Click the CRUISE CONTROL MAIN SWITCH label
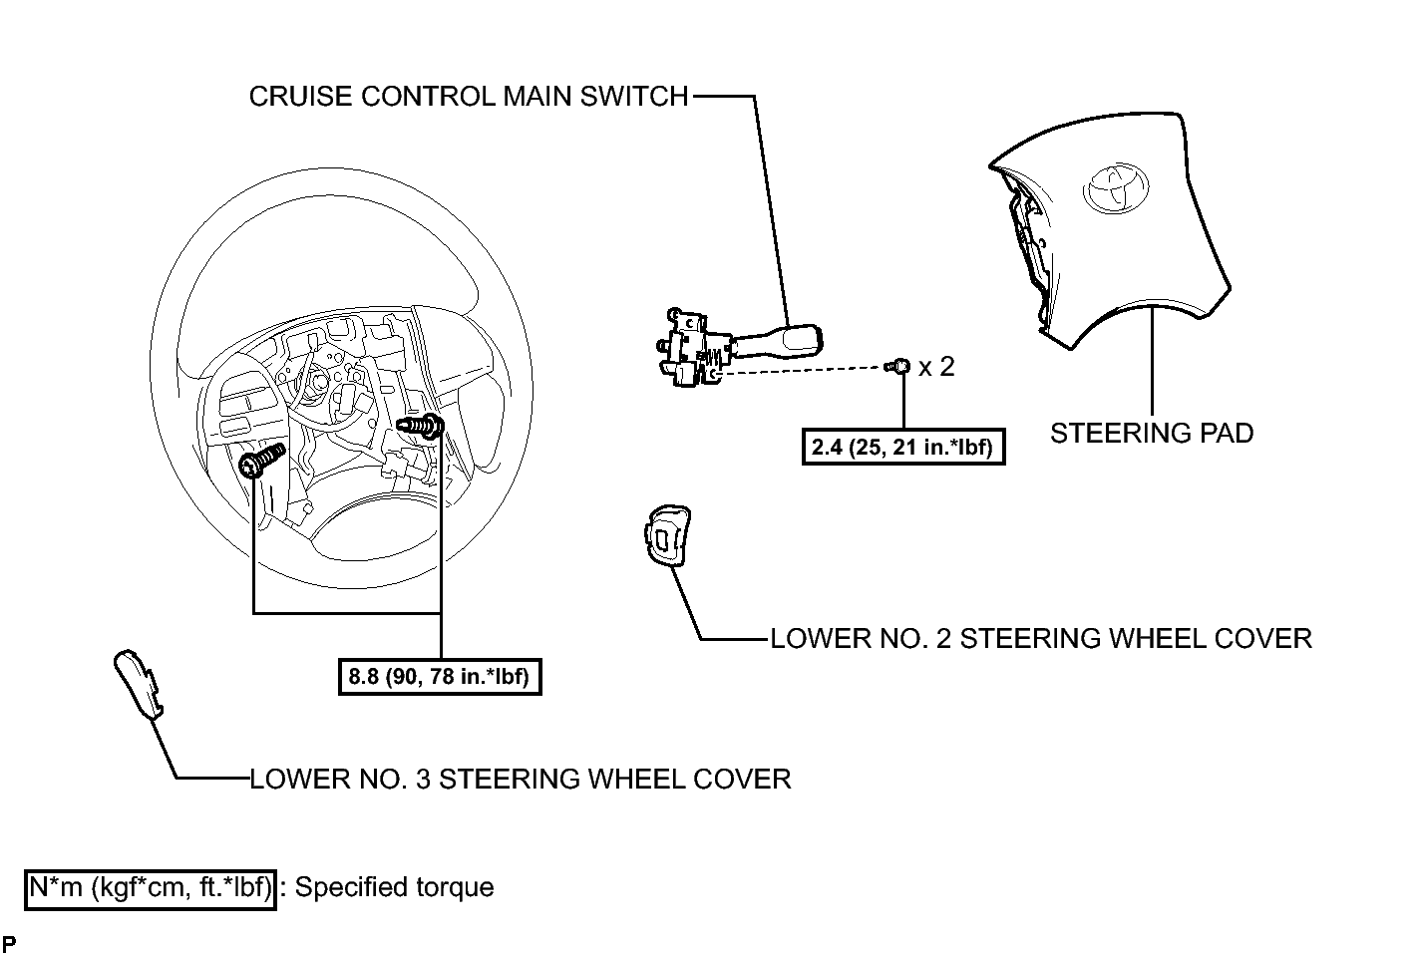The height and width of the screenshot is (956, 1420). (x=469, y=97)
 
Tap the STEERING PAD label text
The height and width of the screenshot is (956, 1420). (x=1152, y=434)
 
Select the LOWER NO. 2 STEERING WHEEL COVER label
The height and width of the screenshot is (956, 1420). (x=1041, y=639)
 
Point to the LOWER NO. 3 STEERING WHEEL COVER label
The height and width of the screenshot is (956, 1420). (x=521, y=780)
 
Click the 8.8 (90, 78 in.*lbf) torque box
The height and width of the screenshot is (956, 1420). (x=440, y=677)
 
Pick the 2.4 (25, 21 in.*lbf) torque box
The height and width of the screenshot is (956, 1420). (x=903, y=448)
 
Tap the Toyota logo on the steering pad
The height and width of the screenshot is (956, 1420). (x=1116, y=187)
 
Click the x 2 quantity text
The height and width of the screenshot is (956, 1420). (x=936, y=367)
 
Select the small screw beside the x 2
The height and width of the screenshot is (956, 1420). (x=897, y=366)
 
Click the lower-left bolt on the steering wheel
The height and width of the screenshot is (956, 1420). (x=261, y=461)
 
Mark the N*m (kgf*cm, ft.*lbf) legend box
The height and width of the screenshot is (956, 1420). (x=151, y=889)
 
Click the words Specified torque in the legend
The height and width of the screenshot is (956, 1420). (x=394, y=887)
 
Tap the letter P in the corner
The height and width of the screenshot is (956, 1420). (x=9, y=943)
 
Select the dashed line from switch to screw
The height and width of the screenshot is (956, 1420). (x=800, y=370)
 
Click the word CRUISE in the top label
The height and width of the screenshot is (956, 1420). (x=300, y=97)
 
